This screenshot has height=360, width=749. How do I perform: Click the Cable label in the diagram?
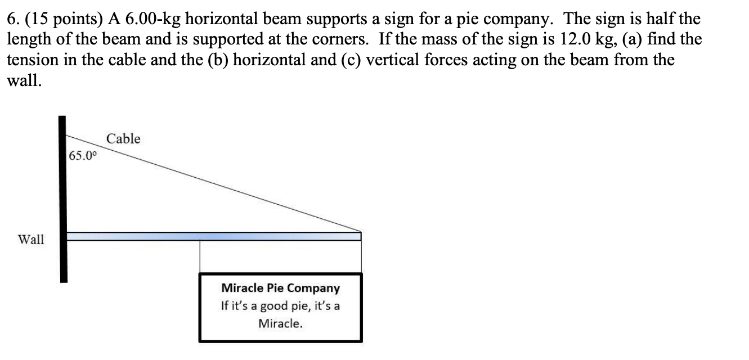click(123, 138)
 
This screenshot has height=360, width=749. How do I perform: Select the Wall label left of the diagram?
click(31, 240)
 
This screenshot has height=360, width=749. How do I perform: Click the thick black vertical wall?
click(63, 197)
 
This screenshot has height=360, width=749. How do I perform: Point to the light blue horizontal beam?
click(214, 236)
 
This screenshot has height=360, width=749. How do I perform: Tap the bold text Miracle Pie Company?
click(281, 288)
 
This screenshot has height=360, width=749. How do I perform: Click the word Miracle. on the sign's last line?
click(280, 323)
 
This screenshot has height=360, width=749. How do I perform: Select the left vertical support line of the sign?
click(200, 256)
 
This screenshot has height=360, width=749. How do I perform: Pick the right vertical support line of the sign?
click(361, 256)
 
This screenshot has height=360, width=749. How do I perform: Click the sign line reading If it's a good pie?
click(281, 307)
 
